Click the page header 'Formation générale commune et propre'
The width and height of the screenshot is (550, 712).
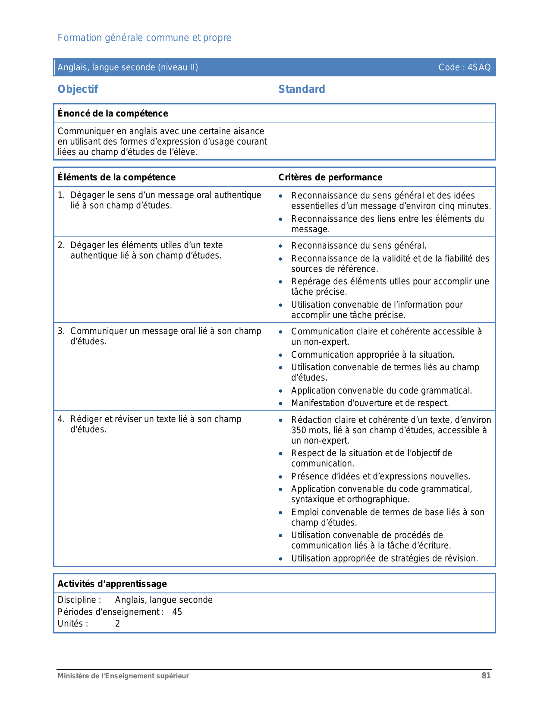tap(145, 38)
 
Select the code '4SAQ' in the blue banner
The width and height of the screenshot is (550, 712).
tap(479, 67)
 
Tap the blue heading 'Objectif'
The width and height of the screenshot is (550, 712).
tap(78, 89)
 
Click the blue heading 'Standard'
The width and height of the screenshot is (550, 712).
tap(302, 89)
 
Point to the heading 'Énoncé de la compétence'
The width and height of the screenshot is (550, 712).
tap(113, 113)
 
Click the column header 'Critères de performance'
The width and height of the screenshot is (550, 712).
tap(330, 177)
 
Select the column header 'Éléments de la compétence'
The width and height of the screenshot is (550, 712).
tap(116, 177)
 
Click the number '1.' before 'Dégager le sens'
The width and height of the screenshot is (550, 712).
tap(61, 195)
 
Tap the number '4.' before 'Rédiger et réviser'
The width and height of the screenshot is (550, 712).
tap(61, 419)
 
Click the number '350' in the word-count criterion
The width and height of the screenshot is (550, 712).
tap(299, 430)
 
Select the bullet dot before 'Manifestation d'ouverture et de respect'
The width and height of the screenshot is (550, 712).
tap(281, 403)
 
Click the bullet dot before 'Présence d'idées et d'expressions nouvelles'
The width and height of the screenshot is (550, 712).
tap(281, 477)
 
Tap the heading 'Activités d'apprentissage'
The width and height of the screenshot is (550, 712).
tap(112, 584)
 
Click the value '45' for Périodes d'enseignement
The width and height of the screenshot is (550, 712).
tap(177, 612)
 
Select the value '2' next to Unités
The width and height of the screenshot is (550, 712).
tap(118, 624)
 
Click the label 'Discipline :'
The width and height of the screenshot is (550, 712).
tap(79, 600)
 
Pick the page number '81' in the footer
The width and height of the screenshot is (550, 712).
tap(486, 676)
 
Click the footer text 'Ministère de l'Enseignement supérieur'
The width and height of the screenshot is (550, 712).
tap(123, 676)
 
